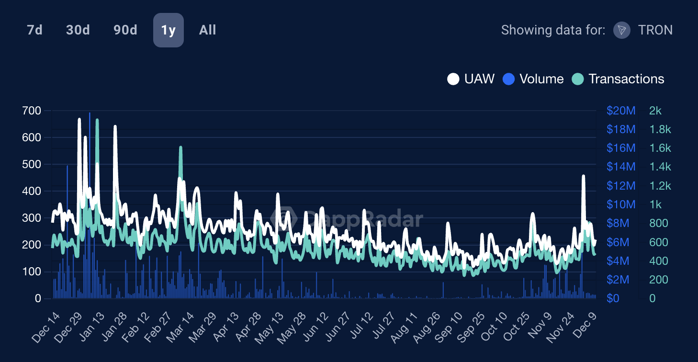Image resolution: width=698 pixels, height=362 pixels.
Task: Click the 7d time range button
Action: pos(34,30)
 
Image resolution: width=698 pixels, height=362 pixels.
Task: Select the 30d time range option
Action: pos(78,30)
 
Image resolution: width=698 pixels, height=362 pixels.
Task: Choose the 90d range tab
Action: pos(125,30)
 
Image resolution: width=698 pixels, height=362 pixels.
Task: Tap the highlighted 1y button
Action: pos(168,30)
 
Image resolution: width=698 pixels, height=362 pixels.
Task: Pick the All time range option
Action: pos(207,30)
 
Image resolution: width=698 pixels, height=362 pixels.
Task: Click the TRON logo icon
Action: pos(621,30)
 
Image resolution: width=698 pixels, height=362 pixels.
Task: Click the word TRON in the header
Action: pos(655,30)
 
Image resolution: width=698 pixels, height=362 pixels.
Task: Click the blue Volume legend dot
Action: pos(508,79)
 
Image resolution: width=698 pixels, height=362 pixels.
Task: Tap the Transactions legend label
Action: pos(626,79)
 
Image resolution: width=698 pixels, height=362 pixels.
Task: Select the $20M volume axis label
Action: pos(620,111)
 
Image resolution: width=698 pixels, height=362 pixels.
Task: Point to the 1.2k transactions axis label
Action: pos(660,186)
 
